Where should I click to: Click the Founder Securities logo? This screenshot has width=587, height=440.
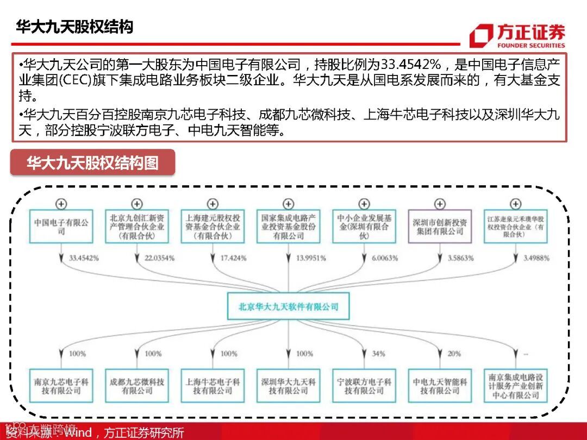(x=517, y=35)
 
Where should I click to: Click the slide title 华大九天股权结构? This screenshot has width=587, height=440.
(x=74, y=27)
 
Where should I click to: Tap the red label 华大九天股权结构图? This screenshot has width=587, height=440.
(x=92, y=162)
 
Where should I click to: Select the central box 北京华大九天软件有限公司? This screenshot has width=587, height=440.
(x=288, y=306)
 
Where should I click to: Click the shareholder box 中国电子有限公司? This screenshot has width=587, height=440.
(x=61, y=227)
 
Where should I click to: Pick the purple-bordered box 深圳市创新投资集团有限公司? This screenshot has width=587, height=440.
(x=439, y=227)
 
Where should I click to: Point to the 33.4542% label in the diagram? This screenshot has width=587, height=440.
(x=84, y=258)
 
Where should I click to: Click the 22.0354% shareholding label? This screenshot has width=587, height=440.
(x=159, y=258)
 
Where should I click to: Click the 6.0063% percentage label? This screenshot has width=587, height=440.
(x=384, y=258)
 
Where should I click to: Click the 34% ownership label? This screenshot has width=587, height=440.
(x=378, y=354)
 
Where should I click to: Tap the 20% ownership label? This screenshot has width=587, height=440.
(x=454, y=354)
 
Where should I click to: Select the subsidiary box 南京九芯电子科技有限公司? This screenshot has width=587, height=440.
(x=61, y=386)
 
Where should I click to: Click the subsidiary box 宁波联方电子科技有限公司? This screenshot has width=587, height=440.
(x=364, y=386)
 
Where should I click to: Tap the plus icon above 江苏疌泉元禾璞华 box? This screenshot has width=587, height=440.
(x=515, y=204)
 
